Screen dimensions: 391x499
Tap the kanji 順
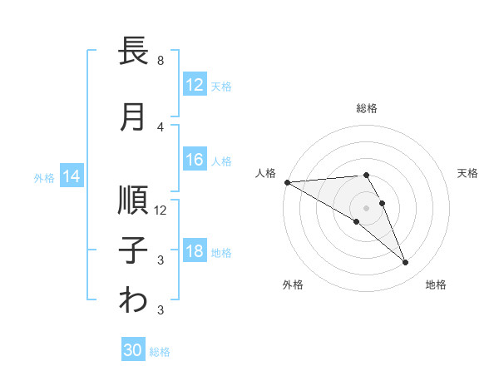134,200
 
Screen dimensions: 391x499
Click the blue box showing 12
195,85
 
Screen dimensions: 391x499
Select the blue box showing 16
195,161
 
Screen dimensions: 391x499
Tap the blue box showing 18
195,252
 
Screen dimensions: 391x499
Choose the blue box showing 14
72,176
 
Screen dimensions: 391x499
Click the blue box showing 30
133,351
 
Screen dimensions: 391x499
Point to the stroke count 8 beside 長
161,61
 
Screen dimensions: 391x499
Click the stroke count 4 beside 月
161,126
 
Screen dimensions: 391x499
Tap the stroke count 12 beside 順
161,210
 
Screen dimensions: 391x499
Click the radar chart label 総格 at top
367,108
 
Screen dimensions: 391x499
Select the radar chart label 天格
468,173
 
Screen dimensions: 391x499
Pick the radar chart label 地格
436,285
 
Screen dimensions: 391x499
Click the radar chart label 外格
293,285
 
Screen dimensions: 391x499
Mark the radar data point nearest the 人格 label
287,182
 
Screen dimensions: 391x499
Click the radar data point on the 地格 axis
406,263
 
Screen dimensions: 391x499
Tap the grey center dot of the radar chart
366,207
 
